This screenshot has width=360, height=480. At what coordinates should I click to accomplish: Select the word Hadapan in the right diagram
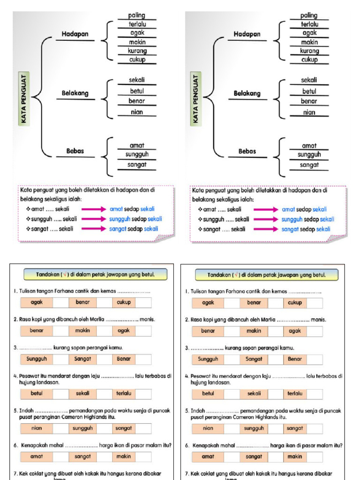pyautogui.click(x=247, y=34)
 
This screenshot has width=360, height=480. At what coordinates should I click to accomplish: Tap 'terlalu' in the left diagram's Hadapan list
pyautogui.click(x=137, y=24)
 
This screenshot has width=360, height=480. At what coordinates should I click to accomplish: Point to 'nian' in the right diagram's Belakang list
pyautogui.click(x=309, y=112)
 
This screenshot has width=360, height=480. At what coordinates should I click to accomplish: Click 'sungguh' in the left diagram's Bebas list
pyautogui.click(x=137, y=154)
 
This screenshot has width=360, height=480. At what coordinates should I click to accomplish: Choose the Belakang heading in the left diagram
pyautogui.click(x=75, y=93)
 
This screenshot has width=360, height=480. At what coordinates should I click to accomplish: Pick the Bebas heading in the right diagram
pyautogui.click(x=247, y=151)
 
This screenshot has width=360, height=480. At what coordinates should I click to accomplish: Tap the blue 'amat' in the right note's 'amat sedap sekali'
pyautogui.click(x=288, y=210)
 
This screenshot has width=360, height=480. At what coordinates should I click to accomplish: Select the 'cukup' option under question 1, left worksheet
pyautogui.click(x=124, y=302)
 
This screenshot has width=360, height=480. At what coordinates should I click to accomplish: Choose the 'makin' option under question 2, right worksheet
pyautogui.click(x=254, y=331)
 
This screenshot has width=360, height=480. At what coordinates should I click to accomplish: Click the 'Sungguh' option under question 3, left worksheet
pyautogui.click(x=36, y=359)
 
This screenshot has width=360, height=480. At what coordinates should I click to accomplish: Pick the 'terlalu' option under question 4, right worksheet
pyautogui.click(x=295, y=393)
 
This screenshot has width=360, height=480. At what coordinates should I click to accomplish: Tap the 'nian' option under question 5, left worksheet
pyautogui.click(x=36, y=428)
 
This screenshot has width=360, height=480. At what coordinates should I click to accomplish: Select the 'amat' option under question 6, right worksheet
pyautogui.click(x=208, y=456)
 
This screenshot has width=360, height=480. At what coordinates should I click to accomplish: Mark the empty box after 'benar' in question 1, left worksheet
pyautogui.click(x=104, y=303)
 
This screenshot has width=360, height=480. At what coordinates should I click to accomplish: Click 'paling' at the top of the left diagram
pyautogui.click(x=137, y=15)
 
